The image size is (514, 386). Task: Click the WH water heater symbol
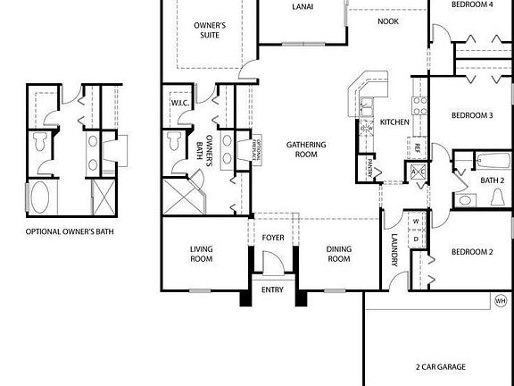tap(501, 301)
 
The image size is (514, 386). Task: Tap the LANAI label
tap(303, 7)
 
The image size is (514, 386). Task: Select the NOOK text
tap(387, 21)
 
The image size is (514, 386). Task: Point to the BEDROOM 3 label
tap(471, 115)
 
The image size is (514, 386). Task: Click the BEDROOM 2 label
tap(471, 252)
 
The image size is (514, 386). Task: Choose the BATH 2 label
tap(493, 180)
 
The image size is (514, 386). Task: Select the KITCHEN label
tap(394, 122)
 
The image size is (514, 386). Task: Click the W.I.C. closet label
tap(178, 103)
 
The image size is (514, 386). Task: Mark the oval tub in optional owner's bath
tap(42, 196)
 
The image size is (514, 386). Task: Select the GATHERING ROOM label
tap(305, 149)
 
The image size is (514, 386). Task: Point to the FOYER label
tap(272, 238)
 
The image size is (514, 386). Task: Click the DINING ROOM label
tap(338, 254)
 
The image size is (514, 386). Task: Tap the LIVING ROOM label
tap(201, 254)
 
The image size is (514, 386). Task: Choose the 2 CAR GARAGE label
tap(440, 366)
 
